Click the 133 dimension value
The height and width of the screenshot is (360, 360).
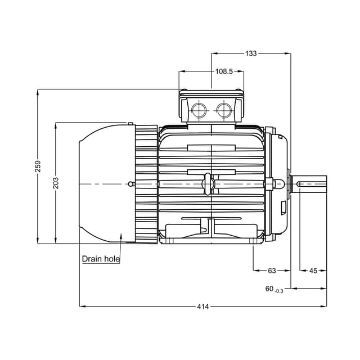[251, 53]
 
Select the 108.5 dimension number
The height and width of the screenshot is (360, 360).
[224, 71]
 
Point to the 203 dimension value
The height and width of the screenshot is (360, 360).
[56, 183]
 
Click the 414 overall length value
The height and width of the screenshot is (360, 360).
[203, 307]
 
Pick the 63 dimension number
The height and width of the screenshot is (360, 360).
[272, 271]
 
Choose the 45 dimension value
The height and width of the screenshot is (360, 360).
[313, 271]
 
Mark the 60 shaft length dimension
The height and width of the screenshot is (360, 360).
[269, 289]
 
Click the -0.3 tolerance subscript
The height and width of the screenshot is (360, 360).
[278, 290]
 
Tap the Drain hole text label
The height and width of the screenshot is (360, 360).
[101, 259]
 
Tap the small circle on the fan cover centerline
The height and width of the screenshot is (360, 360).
[131, 184]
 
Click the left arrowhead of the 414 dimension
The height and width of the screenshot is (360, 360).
[81, 307]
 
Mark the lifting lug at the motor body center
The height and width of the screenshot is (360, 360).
[208, 184]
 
